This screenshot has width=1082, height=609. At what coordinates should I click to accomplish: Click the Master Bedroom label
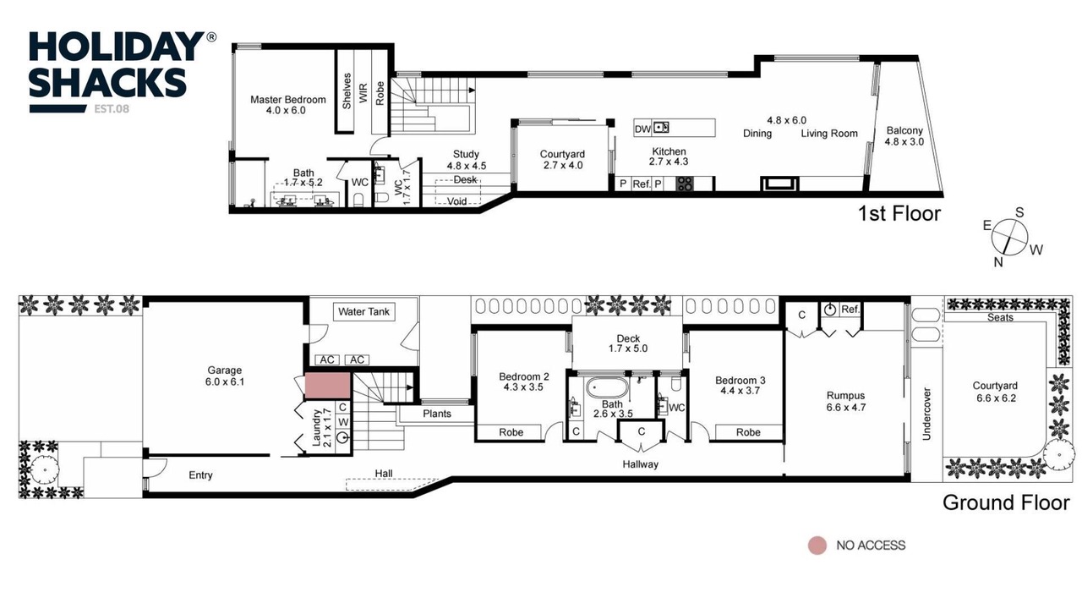288,105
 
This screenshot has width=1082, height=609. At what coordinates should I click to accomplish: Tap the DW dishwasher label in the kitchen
642,129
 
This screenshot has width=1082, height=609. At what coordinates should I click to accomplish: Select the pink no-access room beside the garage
327,385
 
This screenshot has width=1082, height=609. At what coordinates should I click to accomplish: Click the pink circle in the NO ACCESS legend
817,546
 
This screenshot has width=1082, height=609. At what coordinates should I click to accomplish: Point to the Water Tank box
363,312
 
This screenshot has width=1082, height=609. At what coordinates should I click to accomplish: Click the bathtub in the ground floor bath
607,388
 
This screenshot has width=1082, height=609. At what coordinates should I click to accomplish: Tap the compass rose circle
1009,237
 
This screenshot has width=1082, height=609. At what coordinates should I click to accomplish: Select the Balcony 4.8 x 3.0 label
904,136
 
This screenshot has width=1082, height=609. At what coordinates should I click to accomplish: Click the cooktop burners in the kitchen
684,184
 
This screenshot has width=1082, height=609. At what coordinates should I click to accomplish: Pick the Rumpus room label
845,402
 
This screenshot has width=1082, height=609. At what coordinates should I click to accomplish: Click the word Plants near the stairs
437,414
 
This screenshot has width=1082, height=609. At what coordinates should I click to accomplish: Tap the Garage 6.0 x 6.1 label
225,376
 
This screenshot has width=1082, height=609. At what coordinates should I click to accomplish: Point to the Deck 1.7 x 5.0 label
628,343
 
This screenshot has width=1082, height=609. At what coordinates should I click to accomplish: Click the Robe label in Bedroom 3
748,432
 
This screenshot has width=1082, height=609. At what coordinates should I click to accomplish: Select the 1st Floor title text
899,214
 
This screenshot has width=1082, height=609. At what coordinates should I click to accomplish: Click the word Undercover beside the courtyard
926,414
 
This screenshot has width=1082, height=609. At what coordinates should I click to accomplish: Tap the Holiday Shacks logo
123,73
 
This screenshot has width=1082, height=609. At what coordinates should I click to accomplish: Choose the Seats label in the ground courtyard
1000,317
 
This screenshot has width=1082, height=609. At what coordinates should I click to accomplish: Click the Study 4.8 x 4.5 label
466,160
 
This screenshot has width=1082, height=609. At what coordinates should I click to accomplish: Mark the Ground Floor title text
1006,502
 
